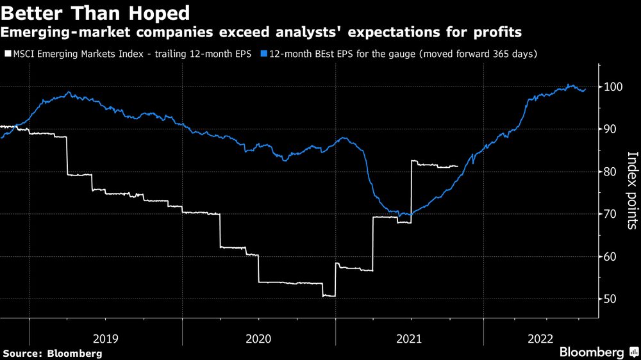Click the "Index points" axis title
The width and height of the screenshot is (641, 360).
coord(631,190)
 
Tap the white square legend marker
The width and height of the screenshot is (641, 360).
coord(8,54)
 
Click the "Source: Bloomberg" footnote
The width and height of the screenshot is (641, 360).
coord(53,353)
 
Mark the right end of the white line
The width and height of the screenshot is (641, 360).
coord(458,166)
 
